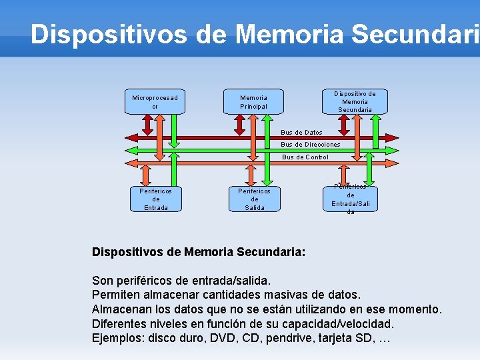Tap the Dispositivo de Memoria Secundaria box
pos(355,101)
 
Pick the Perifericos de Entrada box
pos(156,199)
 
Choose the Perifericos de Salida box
pos(254,199)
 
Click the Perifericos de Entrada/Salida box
pos(351,199)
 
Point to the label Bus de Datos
pos(301,133)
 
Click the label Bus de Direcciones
pos(310,145)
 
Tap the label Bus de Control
pos(305,157)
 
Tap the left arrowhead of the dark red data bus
pos(131,137)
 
